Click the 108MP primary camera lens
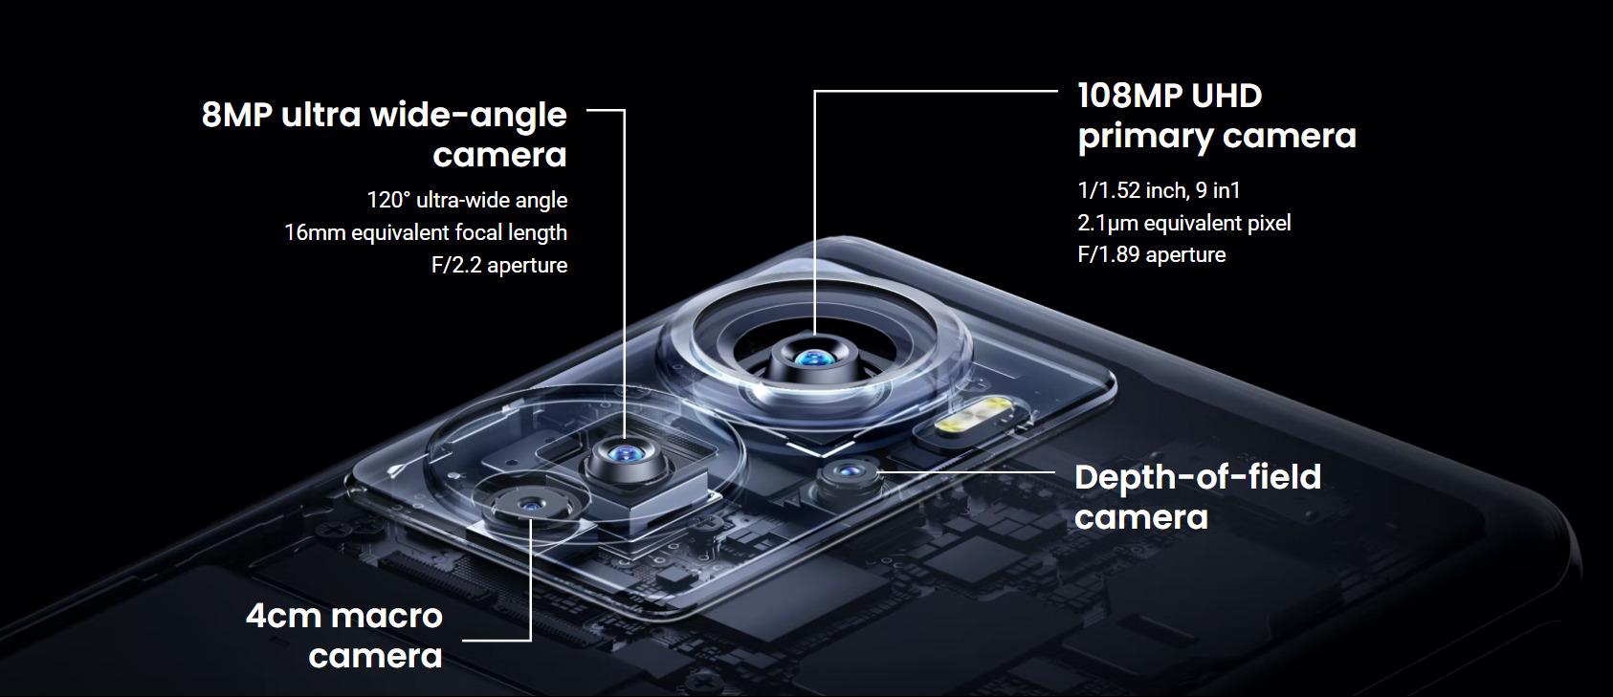[x=815, y=358]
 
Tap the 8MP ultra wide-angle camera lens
[x=624, y=454]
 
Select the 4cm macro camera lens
[x=531, y=506]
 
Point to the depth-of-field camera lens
[x=850, y=472]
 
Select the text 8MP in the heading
[x=237, y=115]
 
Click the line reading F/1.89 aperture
[x=1152, y=254]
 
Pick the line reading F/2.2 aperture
[x=499, y=266]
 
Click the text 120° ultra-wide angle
[x=467, y=200]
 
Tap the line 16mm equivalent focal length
[x=426, y=233]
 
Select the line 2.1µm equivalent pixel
[x=1183, y=223]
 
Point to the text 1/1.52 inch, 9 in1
[x=1159, y=190]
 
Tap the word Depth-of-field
[x=1198, y=477]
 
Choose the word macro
[x=387, y=617]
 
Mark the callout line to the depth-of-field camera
[x=965, y=472]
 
